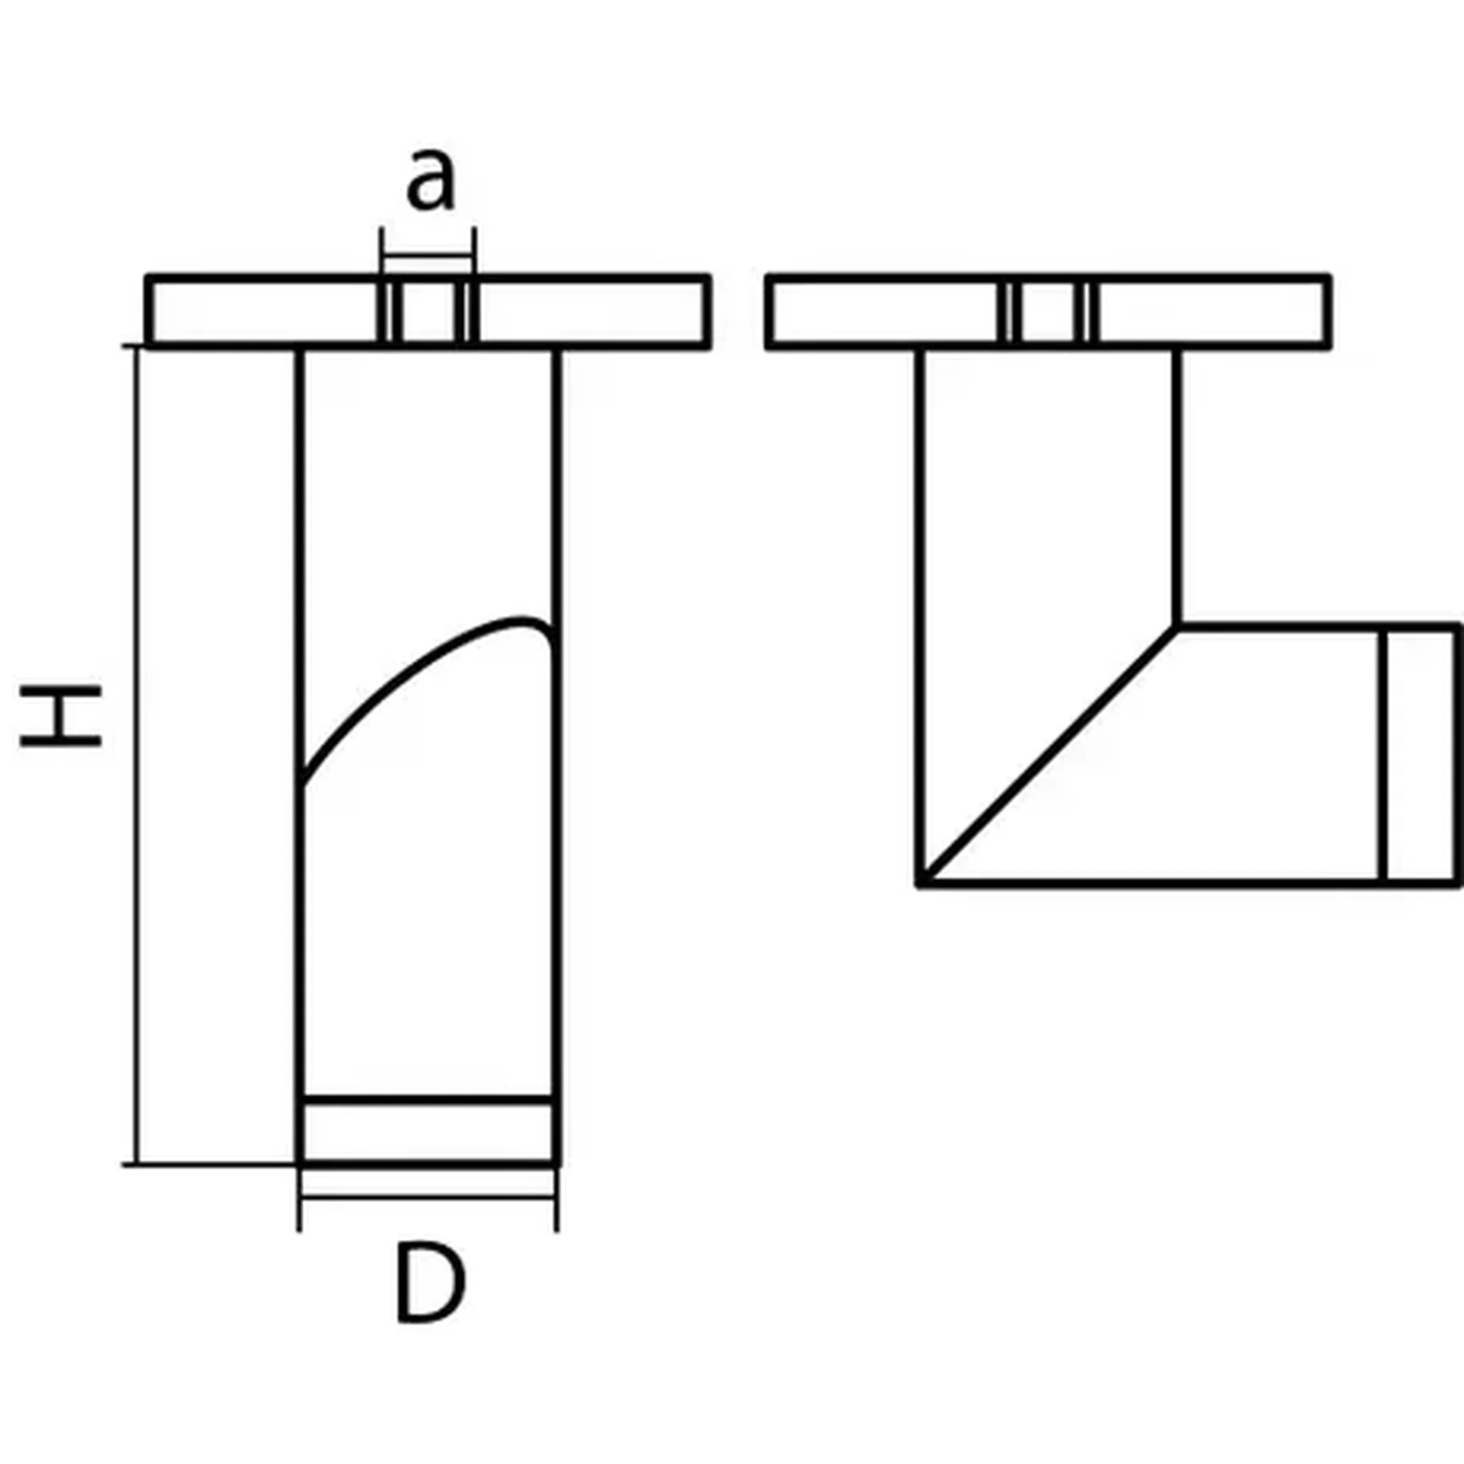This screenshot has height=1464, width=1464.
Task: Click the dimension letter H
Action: pos(60,716)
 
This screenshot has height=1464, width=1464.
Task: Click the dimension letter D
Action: pos(430,1284)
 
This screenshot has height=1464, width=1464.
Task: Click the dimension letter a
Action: pos(431,180)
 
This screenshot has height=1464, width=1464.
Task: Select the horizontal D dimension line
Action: pos(428,1197)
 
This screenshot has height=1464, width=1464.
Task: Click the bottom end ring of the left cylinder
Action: pos(428,1131)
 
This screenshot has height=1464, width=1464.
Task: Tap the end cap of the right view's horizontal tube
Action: pos(1420,756)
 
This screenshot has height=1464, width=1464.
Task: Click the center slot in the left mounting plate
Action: pos(428,312)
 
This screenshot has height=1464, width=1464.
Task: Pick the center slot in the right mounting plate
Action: pos(1049,312)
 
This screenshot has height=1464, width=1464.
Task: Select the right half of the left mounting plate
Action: pos(592,312)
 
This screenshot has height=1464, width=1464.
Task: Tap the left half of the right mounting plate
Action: pos(885,312)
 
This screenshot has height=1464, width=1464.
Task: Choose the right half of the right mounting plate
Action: pos(1210,312)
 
